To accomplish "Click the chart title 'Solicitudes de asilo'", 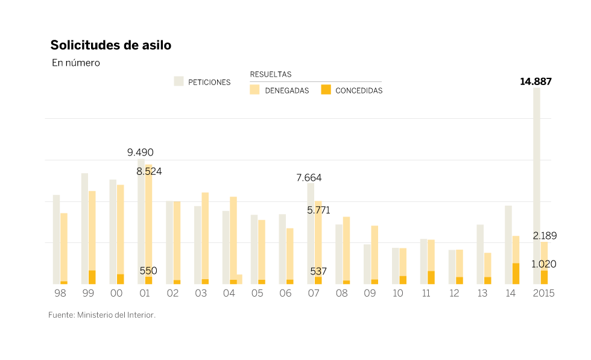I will click(110, 45).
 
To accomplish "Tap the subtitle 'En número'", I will click(76, 63).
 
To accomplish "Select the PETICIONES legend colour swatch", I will click(179, 81).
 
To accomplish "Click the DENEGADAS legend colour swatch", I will click(254, 90).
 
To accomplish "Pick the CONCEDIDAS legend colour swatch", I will click(326, 90).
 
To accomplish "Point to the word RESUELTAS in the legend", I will click(271, 74).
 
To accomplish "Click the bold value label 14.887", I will click(536, 82).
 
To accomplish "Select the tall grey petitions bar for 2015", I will click(536, 181).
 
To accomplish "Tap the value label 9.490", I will click(140, 153).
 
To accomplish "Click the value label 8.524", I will click(149, 171).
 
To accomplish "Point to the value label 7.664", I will click(309, 178).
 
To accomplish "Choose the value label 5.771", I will click(318, 210).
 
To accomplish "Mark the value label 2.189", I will click(545, 236).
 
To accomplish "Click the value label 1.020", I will click(544, 264).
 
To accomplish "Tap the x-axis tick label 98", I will click(60, 293).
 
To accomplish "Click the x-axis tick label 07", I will click(314, 293).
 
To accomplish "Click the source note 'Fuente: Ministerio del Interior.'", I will click(102, 315).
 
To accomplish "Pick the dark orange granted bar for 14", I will click(516, 274).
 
